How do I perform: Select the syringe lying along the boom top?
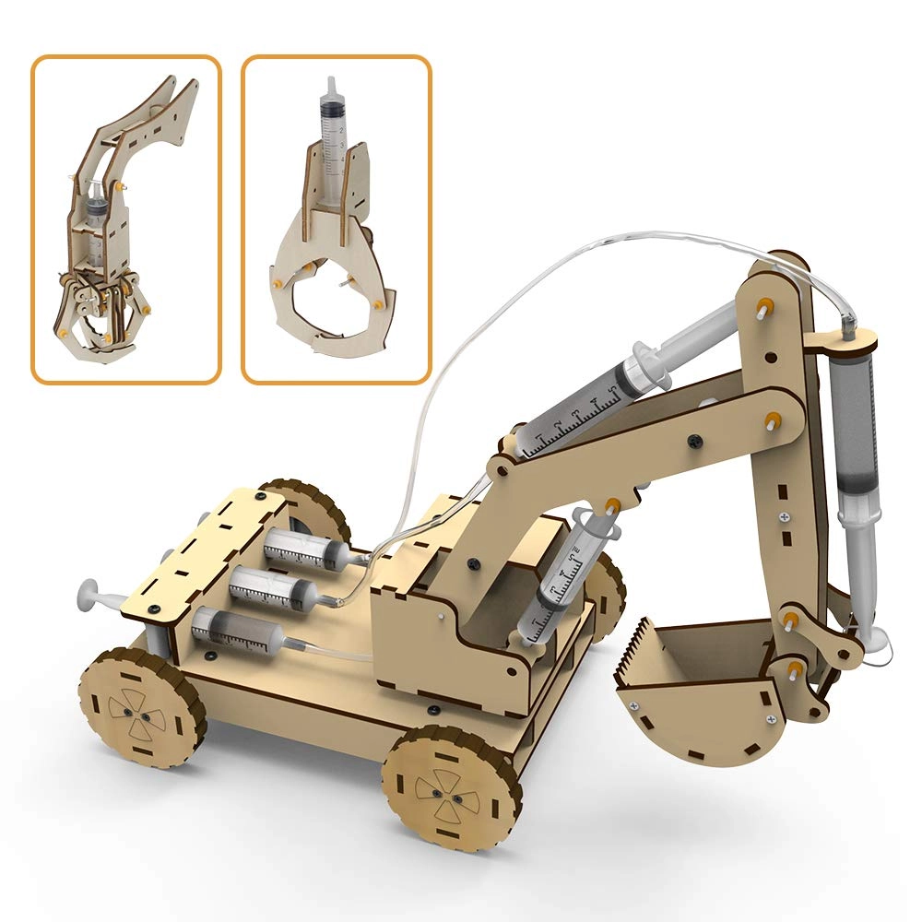click(590, 406)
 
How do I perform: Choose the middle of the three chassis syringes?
click(272, 586)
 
